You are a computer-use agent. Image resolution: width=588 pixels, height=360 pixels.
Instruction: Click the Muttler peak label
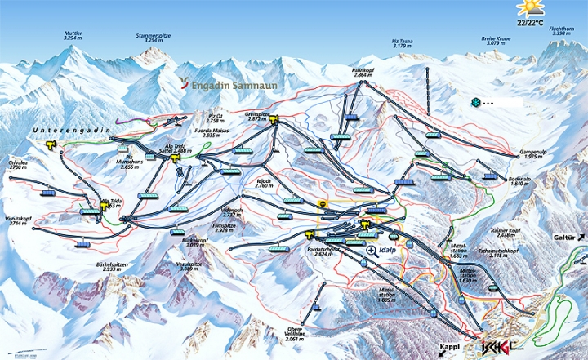73,35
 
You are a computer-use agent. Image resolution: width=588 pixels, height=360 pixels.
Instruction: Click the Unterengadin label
66,131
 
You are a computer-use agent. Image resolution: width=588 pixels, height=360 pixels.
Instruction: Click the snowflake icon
476,103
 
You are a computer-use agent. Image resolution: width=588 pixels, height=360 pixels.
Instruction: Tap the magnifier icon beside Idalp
372,251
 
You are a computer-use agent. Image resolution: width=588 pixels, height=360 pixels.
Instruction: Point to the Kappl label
450,346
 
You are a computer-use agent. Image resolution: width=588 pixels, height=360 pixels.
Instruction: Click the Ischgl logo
498,346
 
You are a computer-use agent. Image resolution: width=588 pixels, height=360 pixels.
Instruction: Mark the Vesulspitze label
191,265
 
